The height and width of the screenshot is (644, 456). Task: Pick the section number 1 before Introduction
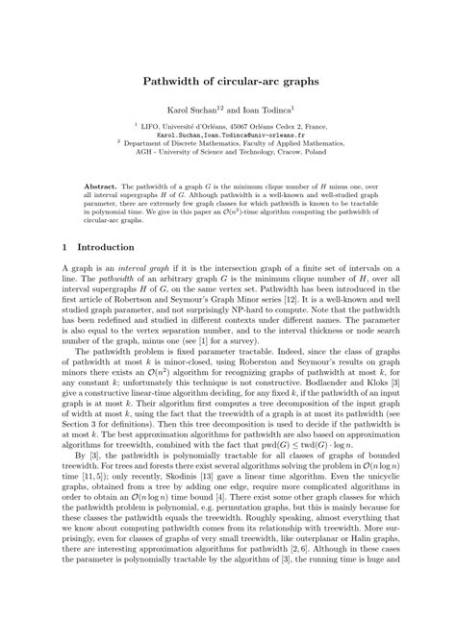[x=63, y=247]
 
